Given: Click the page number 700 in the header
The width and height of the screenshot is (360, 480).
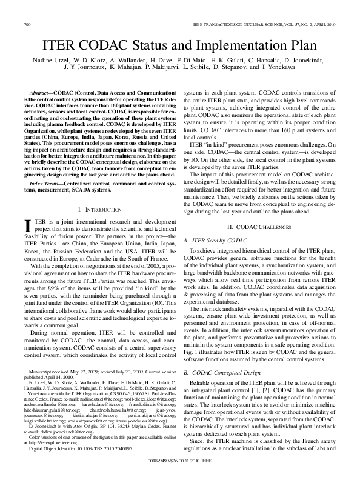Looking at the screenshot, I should tap(27, 24).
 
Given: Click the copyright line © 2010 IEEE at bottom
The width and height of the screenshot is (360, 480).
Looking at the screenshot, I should tap(180, 468).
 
